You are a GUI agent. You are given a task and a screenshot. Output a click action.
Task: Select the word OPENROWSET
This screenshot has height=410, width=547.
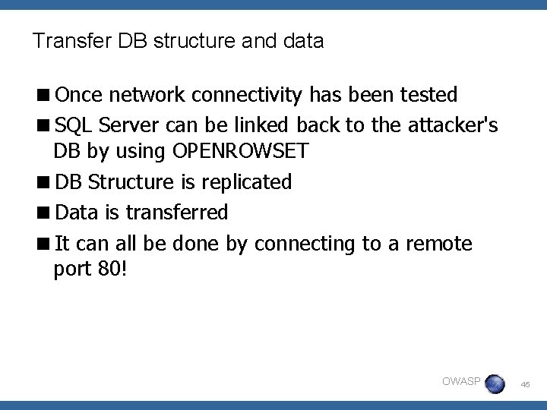242,151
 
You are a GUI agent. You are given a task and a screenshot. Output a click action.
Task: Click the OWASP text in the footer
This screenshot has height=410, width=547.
460,381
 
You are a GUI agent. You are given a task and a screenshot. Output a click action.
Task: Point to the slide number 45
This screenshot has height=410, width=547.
526,386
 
